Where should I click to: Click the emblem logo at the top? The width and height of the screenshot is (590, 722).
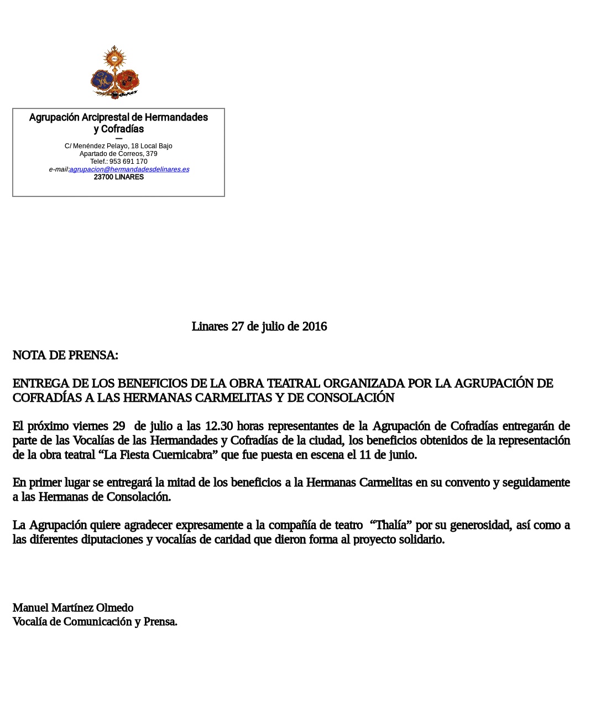[115, 72]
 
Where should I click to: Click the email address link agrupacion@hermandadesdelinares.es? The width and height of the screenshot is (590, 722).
[129, 169]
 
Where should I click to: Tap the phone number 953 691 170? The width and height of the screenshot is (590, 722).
[128, 162]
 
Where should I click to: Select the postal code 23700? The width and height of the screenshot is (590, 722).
[103, 177]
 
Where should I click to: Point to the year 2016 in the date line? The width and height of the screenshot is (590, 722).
[314, 326]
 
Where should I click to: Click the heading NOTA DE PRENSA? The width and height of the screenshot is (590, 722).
[65, 355]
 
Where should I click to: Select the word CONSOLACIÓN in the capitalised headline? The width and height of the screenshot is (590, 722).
[351, 398]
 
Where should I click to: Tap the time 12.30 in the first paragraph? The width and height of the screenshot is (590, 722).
[219, 426]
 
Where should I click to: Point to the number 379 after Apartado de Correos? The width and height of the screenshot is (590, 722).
[152, 154]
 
